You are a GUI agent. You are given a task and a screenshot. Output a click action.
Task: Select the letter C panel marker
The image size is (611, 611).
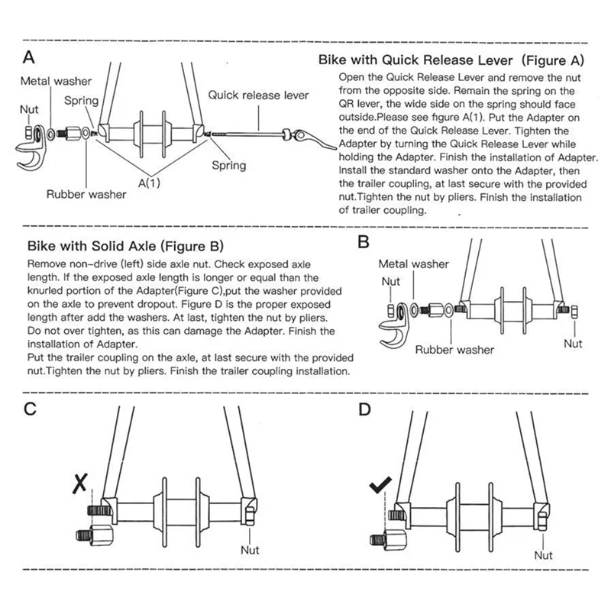[31, 408]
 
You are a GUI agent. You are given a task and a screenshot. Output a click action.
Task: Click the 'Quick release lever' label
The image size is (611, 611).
[258, 95]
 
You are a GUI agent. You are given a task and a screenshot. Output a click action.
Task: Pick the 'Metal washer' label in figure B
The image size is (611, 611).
[415, 264]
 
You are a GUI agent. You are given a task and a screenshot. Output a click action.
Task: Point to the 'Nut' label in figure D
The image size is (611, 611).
[543, 554]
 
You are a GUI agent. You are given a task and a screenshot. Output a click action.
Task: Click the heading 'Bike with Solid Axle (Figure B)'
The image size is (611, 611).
[125, 247]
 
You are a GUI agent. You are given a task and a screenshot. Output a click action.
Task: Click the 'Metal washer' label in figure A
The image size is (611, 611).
[56, 81]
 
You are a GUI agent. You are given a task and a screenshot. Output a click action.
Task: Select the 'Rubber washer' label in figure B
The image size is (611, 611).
[455, 350]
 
